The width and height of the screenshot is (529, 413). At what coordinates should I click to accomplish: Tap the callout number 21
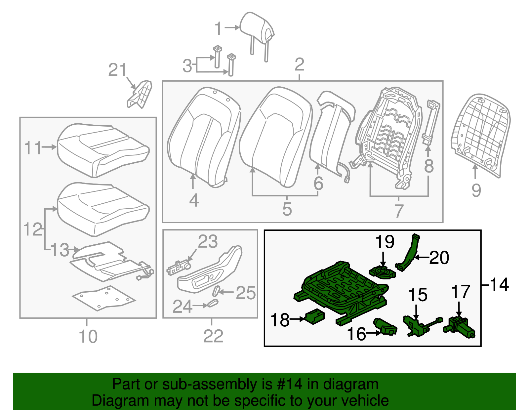(117, 70)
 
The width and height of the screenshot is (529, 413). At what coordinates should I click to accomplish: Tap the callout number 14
(499, 285)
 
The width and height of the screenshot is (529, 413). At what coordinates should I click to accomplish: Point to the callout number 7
(399, 211)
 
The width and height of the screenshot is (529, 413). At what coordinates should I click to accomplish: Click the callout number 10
(88, 336)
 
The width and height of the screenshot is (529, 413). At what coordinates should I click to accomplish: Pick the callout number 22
(213, 336)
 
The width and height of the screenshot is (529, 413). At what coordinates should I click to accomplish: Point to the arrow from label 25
(227, 292)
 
